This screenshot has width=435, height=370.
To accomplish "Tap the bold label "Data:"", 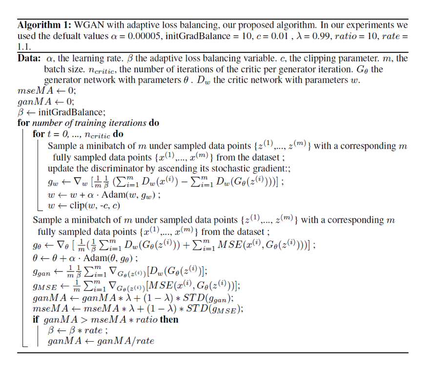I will [29, 59].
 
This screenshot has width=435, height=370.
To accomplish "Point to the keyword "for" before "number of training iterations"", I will [23, 123].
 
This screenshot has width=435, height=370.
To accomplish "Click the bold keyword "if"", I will [36, 320].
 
